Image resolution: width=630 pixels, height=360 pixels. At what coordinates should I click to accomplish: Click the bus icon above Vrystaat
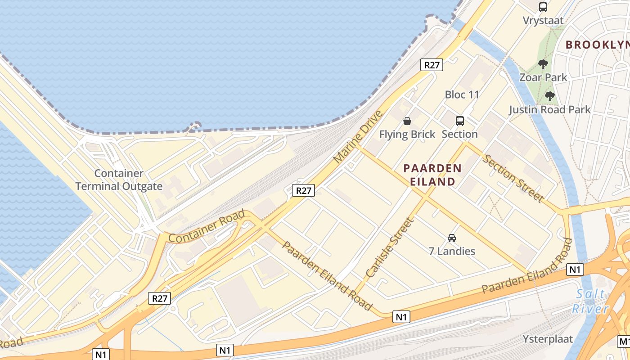[543, 7]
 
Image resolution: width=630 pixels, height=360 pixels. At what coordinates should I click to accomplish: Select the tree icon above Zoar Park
[543, 64]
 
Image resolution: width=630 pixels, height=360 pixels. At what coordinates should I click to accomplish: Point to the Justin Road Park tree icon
[549, 96]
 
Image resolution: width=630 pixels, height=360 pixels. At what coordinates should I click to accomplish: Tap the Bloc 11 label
[462, 94]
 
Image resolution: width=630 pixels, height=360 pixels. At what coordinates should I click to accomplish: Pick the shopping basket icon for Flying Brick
[407, 121]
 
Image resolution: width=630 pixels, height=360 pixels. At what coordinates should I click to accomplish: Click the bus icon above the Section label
[459, 121]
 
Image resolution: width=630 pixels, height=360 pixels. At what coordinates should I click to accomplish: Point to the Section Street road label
[513, 177]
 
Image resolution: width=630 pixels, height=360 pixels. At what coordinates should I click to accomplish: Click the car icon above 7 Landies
[452, 238]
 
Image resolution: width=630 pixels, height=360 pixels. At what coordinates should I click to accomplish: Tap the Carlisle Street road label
[390, 247]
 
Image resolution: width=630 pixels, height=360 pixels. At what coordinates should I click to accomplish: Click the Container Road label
[207, 226]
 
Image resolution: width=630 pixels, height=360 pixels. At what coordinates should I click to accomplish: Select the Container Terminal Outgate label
[119, 180]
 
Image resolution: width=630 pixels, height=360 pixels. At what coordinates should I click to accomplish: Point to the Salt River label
[590, 301]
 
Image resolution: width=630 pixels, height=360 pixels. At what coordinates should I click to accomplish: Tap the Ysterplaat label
[548, 339]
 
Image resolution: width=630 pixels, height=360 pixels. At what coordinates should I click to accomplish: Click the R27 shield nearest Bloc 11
[432, 65]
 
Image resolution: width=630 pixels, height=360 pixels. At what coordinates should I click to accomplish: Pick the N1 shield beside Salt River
[575, 270]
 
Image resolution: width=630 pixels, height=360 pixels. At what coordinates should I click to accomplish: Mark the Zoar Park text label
[543, 77]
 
